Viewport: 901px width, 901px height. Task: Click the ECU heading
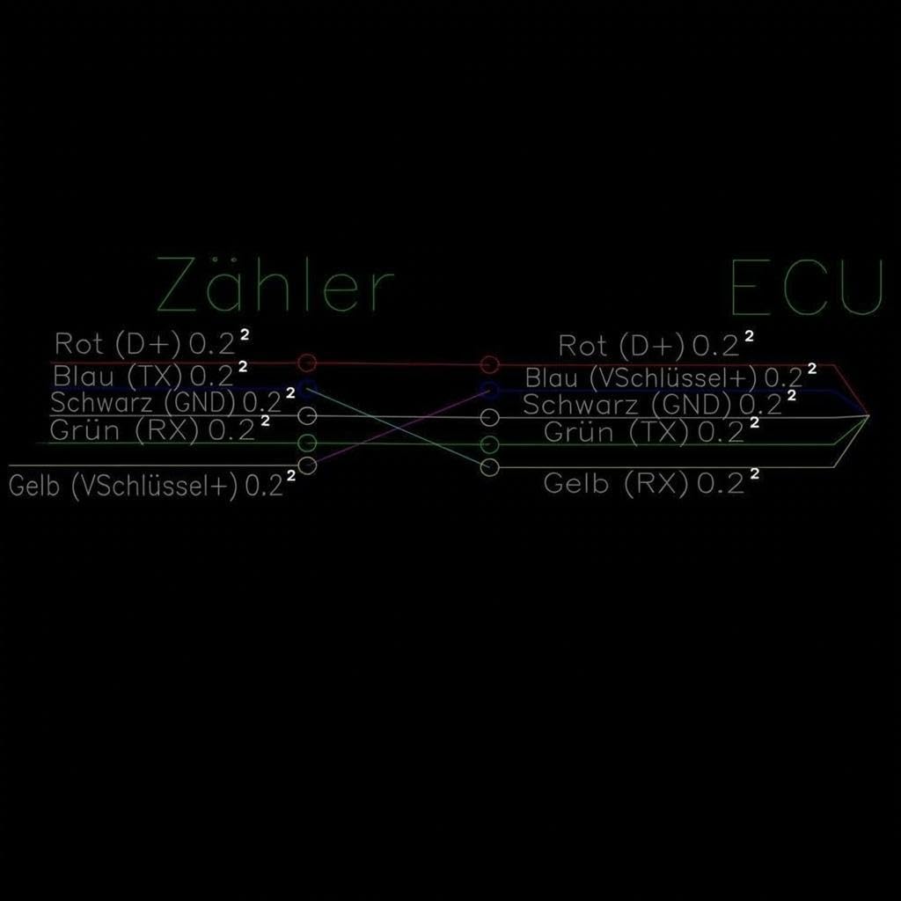pos(806,288)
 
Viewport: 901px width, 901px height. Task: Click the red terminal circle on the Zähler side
pos(307,363)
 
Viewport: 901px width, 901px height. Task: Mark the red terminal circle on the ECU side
pos(489,364)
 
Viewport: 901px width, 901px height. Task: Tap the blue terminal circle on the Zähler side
pos(307,388)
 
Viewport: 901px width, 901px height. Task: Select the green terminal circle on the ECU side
pos(489,444)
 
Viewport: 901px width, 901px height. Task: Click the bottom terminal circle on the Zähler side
pos(307,465)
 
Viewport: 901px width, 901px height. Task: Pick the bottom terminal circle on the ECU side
pos(489,468)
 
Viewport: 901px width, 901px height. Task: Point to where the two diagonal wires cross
pos(399,429)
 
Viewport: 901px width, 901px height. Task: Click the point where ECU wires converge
pos(868,415)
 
